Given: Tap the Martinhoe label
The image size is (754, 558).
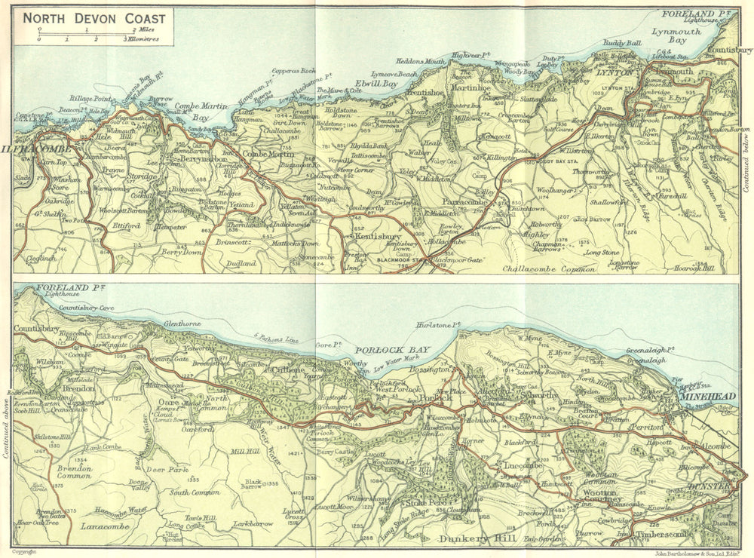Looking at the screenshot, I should click(471, 89).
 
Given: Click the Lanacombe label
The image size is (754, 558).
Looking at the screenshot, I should click(107, 526).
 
